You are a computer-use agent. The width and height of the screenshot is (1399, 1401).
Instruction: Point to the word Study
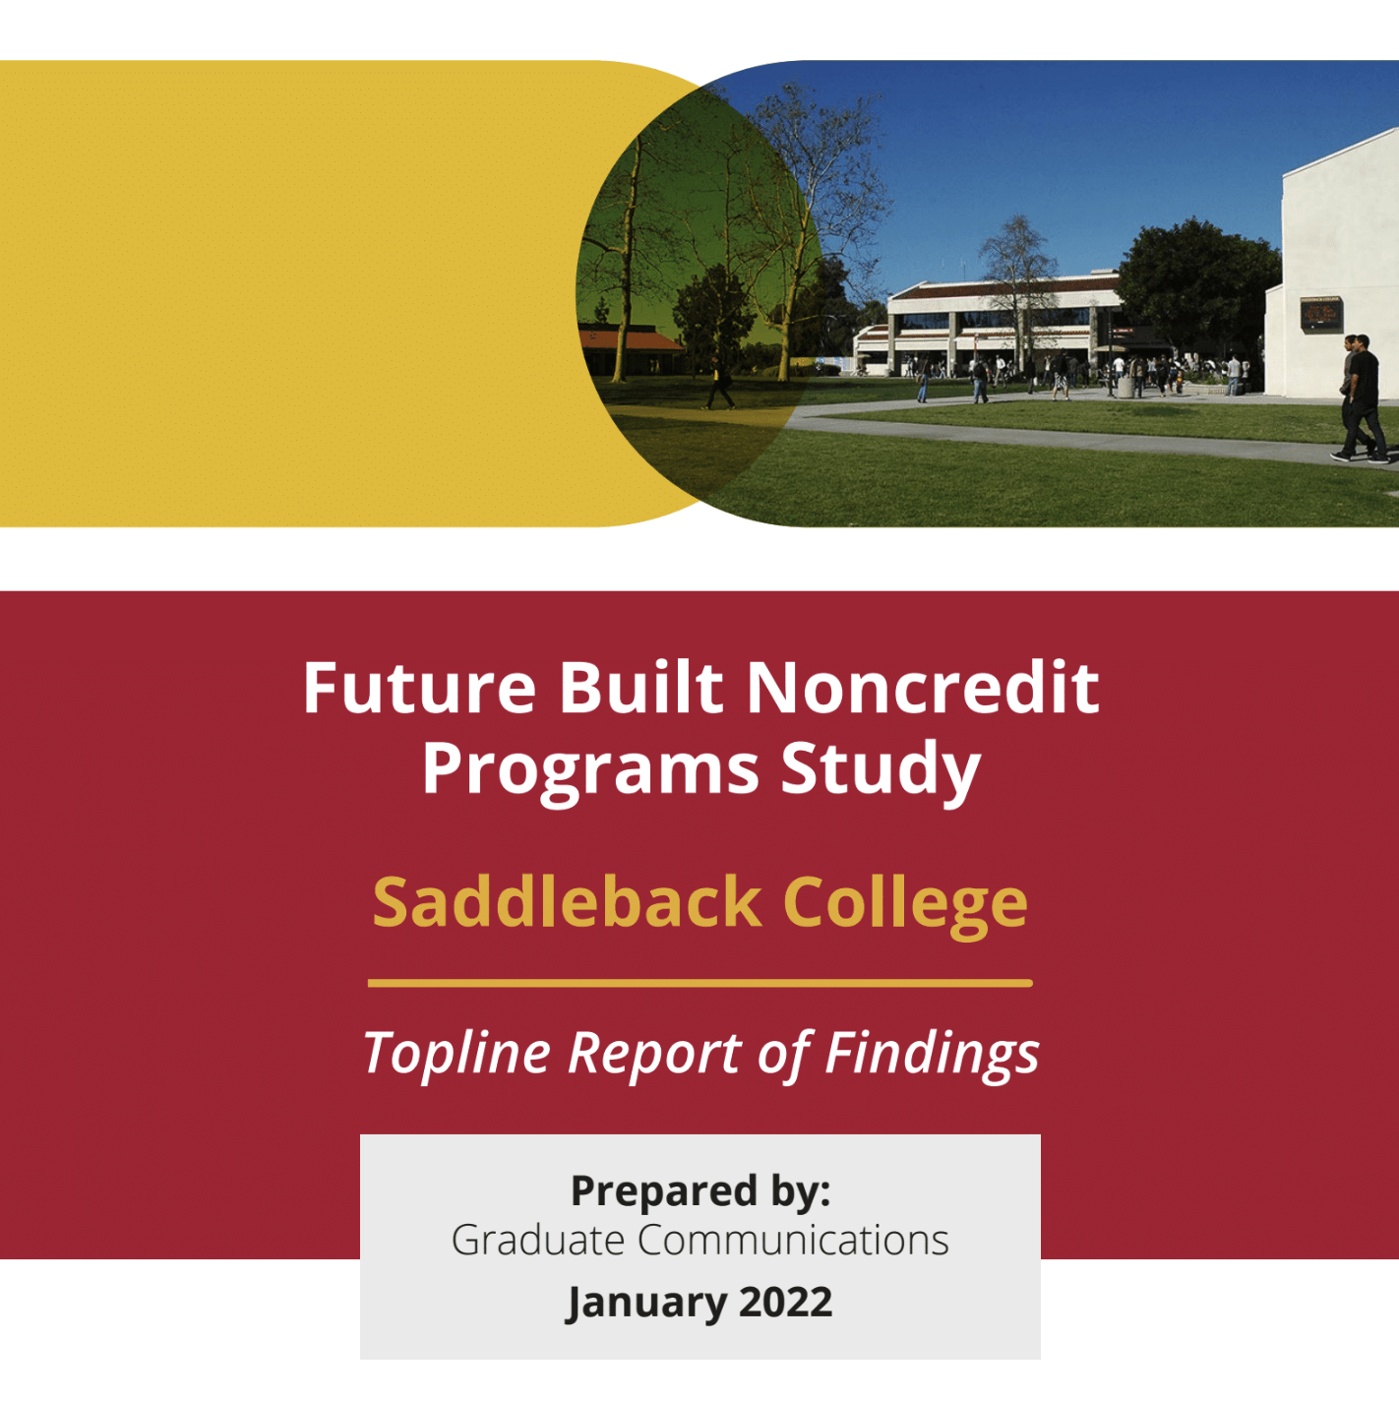click(x=881, y=770)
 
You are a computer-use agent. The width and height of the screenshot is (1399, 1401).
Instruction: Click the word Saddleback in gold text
click(x=567, y=902)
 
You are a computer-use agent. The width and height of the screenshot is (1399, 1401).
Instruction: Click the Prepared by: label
click(x=700, y=1191)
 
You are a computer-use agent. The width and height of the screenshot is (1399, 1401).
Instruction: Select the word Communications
click(x=794, y=1241)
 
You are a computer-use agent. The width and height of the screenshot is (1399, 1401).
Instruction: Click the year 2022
click(x=785, y=1302)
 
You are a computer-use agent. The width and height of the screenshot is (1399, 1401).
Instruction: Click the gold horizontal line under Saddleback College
click(x=700, y=984)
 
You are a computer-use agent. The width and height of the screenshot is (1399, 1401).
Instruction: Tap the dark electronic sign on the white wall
click(x=1320, y=315)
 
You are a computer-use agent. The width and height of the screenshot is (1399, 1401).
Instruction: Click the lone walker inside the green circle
click(x=718, y=383)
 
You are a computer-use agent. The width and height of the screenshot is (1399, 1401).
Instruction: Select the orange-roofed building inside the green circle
click(x=630, y=349)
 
